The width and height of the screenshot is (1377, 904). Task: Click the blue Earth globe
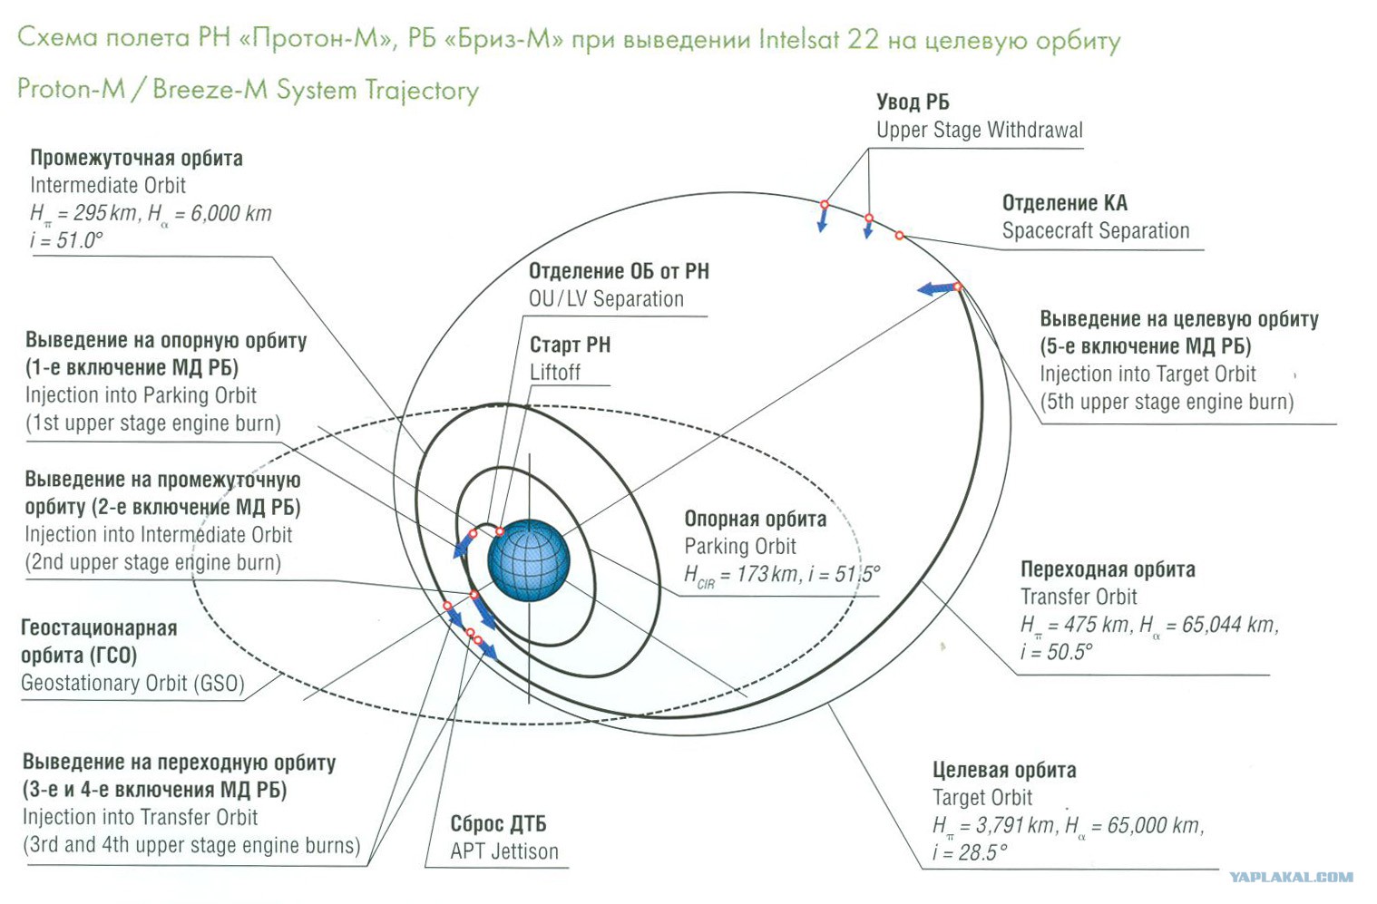tap(529, 559)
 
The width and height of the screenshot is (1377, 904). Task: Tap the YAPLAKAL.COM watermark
tap(1292, 877)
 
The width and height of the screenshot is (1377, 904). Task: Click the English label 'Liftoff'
tap(555, 373)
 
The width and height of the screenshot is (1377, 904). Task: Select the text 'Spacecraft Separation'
tap(1096, 231)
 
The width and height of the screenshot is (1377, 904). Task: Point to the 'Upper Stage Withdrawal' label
tap(980, 131)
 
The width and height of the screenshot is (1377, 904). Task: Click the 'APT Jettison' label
tap(504, 851)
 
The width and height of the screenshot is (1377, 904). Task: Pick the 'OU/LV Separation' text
tap(606, 299)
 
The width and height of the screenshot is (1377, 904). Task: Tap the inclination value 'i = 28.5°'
tap(970, 853)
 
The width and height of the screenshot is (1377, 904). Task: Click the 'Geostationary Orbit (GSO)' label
tap(132, 684)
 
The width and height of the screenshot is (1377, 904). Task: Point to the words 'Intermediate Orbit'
tap(108, 185)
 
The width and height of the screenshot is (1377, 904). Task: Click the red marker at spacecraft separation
tap(899, 236)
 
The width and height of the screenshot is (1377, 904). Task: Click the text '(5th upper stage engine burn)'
tap(1167, 402)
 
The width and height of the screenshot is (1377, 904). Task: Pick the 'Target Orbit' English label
tap(982, 798)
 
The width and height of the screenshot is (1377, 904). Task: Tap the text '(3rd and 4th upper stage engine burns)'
tap(191, 846)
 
